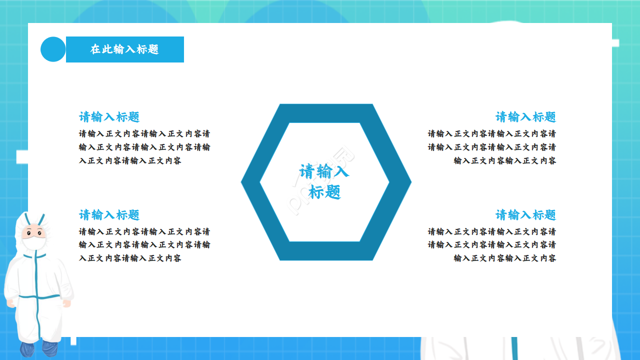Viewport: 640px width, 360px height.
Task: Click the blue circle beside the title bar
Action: coord(53,49)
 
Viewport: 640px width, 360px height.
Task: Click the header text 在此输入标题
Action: coord(124,49)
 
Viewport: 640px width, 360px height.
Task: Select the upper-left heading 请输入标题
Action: coord(109,117)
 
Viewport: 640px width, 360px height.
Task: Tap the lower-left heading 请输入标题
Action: coord(109,215)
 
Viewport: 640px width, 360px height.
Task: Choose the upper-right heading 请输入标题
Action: coord(525,117)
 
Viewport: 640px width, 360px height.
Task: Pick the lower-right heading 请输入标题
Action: coord(525,215)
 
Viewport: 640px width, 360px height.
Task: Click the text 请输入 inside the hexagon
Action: coord(324,171)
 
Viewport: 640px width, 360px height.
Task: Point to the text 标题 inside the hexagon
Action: coord(324,192)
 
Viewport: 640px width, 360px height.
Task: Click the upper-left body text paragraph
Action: coord(144,147)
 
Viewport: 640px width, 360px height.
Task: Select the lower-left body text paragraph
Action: coord(144,245)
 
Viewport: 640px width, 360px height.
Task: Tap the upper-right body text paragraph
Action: coord(492,147)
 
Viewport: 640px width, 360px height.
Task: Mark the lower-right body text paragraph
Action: coord(492,245)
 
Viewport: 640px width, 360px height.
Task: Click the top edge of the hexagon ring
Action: coord(326,113)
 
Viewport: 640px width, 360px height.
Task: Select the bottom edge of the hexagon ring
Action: coord(326,251)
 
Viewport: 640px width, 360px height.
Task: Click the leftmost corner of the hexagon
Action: coord(243,182)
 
